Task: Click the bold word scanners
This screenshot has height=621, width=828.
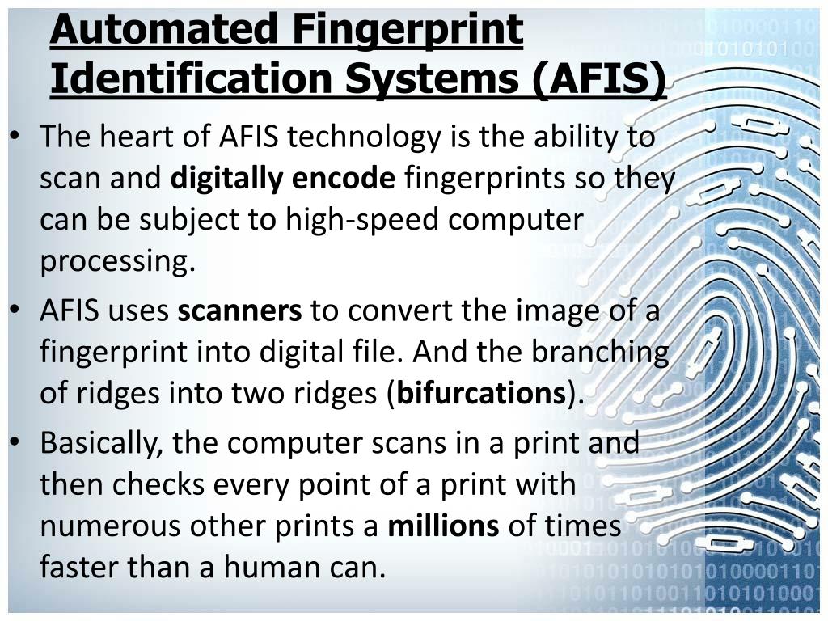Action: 240,310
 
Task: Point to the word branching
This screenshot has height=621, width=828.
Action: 600,353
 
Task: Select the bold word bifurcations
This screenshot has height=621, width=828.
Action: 481,394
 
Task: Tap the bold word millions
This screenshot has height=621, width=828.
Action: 444,526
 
